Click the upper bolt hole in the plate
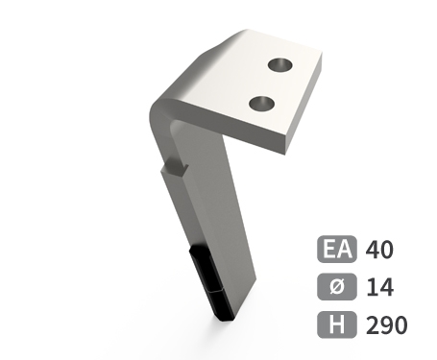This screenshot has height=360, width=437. pos(279,65)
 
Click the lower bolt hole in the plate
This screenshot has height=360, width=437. pos(262,104)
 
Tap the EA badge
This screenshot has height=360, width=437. pos(337,249)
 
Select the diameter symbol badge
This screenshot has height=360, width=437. pos(337,286)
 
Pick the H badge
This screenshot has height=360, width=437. pos(337,324)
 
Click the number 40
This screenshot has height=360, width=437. pos(379,250)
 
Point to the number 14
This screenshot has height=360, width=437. pos(379,287)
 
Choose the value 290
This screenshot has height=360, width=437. pos(386,325)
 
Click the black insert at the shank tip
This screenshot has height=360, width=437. pos(211,283)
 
